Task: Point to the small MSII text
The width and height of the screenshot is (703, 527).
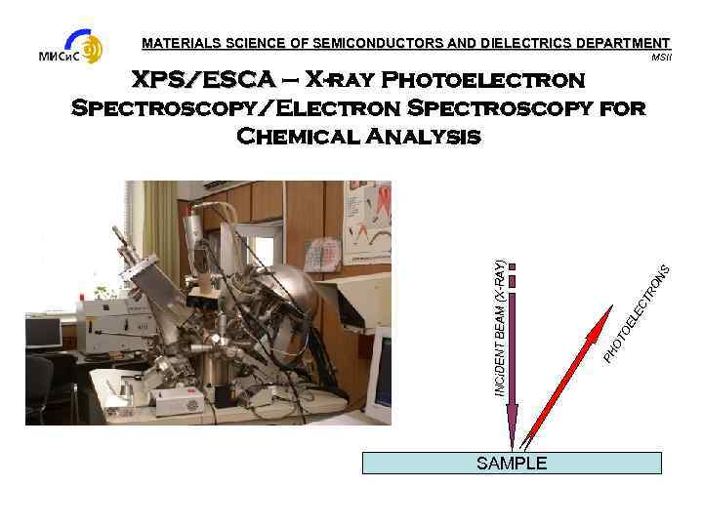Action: pyautogui.click(x=661, y=58)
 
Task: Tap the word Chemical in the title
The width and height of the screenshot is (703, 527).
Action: pyautogui.click(x=303, y=136)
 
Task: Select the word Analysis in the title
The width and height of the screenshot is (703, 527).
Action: pyautogui.click(x=428, y=136)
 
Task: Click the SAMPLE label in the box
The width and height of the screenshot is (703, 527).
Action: pyautogui.click(x=511, y=464)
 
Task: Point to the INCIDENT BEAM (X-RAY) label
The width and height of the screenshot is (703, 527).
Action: pyautogui.click(x=498, y=327)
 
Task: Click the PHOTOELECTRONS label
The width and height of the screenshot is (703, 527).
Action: pyautogui.click(x=636, y=310)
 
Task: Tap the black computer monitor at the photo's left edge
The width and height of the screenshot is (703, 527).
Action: pyautogui.click(x=41, y=333)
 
